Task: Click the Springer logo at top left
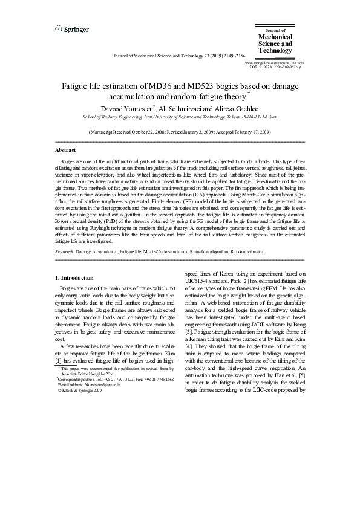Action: tap(71, 29)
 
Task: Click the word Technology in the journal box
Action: tap(276, 51)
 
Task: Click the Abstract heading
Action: tap(65, 149)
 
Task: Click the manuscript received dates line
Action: tap(179, 131)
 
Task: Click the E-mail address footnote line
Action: tap(86, 384)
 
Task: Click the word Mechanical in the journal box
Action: tap(277, 37)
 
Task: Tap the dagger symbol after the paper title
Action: tap(249, 94)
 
